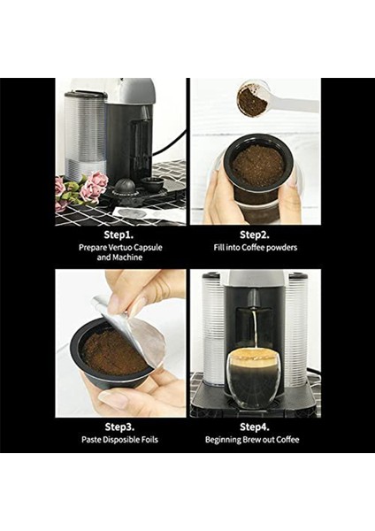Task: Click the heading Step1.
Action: tap(119, 235)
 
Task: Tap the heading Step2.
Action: tap(255, 235)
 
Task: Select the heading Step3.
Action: tap(119, 427)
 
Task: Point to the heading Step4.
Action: tap(255, 427)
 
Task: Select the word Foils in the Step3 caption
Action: tap(149, 440)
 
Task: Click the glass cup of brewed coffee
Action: tap(253, 378)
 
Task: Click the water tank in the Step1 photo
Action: tap(85, 135)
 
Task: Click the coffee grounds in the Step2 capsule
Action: tap(258, 165)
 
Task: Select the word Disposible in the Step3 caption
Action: tap(121, 440)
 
